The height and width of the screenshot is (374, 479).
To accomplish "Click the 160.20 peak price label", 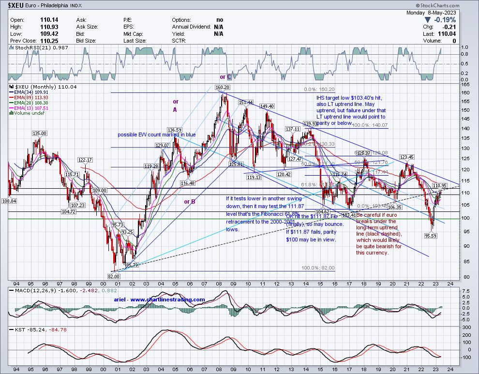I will click(x=222, y=88).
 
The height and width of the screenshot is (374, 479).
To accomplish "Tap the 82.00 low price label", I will click(x=113, y=276).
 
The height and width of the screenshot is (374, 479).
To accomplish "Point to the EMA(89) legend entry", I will click(x=27, y=97).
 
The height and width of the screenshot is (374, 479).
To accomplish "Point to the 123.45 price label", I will click(x=406, y=157).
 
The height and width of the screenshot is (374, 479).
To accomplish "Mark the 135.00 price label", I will click(x=39, y=133).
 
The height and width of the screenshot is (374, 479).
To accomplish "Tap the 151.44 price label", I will click(x=246, y=102).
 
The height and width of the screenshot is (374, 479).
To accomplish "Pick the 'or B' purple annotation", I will click(x=189, y=201).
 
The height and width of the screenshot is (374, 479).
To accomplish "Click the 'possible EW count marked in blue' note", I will click(x=156, y=135).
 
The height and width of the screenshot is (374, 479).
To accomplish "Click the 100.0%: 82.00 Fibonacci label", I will click(x=318, y=268).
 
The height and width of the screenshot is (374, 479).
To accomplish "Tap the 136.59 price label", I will click(x=175, y=130).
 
